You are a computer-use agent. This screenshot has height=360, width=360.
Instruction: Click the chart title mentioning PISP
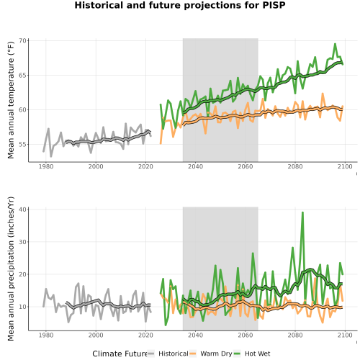coord(180,5)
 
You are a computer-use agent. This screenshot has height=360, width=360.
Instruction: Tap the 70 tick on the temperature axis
coord(23,40)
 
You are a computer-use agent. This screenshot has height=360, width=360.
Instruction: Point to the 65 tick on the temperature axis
coord(23,75)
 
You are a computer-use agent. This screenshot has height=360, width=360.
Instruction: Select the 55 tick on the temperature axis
coord(23,145)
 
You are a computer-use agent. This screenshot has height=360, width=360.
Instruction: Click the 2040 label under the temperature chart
coord(195,166)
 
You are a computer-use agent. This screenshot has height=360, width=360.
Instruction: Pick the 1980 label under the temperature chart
coord(46,166)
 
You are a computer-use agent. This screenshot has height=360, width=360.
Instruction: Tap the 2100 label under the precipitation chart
coord(345,335)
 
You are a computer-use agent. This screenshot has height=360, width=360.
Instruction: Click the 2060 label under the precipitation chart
coord(246,335)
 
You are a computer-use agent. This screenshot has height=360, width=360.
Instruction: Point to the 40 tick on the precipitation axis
coord(23,210)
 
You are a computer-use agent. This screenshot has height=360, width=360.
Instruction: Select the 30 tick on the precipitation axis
coord(23,242)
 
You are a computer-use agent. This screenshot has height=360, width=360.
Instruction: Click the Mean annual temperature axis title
coord(11,100)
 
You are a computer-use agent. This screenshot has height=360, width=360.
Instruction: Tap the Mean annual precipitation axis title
coord(11,269)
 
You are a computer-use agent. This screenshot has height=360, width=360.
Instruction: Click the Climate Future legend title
coord(120,354)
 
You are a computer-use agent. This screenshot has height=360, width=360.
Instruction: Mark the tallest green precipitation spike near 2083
coord(302,212)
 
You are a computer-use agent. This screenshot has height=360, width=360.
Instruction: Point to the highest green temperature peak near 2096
coord(335,44)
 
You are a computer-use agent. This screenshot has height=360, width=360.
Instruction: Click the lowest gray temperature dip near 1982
coord(51,156)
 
